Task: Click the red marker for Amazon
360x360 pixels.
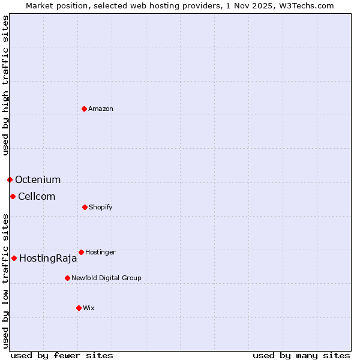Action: point(84,109)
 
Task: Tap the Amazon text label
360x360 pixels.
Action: point(101,109)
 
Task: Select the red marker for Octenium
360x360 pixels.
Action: point(10,179)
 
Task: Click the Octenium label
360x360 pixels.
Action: point(38,179)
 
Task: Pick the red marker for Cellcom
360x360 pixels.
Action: point(13,196)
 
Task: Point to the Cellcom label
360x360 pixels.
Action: point(37,196)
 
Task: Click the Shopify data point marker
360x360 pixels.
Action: point(85,207)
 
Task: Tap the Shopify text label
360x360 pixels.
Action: point(101,207)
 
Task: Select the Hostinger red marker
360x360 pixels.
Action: point(81,252)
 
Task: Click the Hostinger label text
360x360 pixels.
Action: point(100,252)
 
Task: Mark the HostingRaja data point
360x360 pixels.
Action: point(14,258)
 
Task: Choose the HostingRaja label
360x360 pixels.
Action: point(48,259)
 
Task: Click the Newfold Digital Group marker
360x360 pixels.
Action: point(67,278)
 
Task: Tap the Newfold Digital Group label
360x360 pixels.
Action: point(106,278)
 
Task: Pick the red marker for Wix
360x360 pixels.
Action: point(79,308)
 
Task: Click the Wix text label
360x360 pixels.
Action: point(89,308)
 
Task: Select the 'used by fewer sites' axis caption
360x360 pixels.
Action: point(62,355)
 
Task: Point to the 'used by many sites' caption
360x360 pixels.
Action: point(301,355)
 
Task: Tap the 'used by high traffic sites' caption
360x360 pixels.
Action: point(5,85)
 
